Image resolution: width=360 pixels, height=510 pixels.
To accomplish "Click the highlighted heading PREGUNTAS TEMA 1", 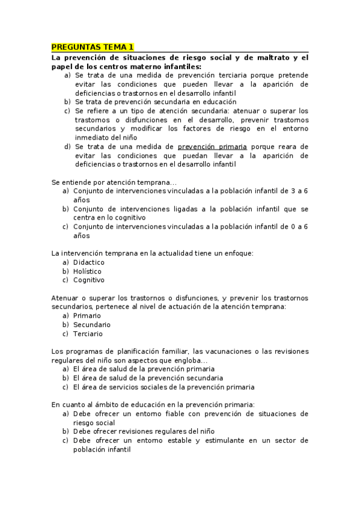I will pos(92,47).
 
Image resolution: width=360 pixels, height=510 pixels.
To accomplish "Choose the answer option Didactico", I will pos(89,262).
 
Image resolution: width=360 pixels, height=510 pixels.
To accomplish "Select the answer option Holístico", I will pos(87,271).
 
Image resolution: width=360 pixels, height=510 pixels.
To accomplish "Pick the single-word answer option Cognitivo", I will pos(89,280).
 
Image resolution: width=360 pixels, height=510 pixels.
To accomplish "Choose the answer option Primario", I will pos(87,316).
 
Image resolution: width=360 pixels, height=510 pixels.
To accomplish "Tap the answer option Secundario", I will pos(92,325).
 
